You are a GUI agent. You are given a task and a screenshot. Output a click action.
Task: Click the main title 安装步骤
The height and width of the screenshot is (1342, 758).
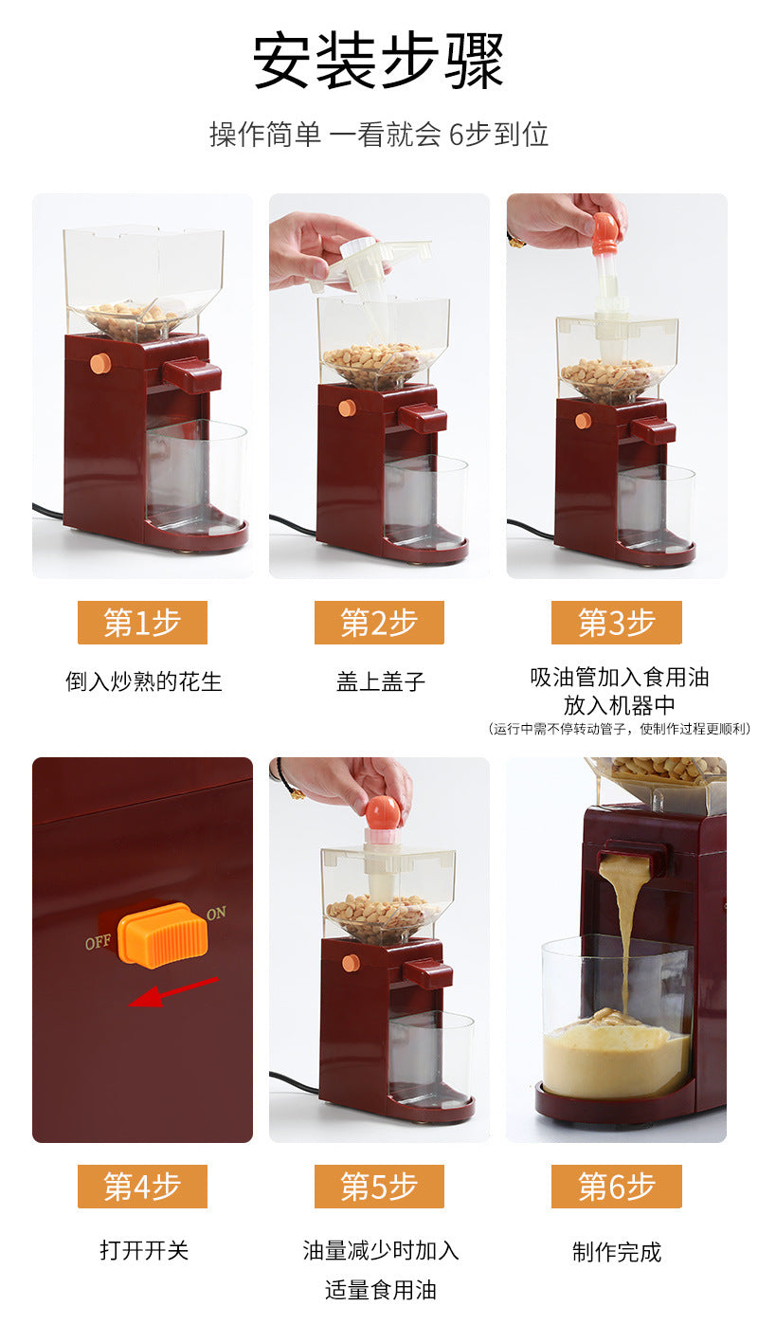(378, 61)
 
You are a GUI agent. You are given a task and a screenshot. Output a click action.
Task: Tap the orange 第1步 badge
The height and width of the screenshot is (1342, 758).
(142, 623)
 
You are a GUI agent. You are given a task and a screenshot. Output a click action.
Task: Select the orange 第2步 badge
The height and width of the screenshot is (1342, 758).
(379, 623)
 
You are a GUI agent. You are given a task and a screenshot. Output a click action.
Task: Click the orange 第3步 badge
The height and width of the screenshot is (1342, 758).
(616, 623)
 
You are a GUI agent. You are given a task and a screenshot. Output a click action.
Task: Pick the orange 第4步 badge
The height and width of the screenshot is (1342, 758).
(142, 1187)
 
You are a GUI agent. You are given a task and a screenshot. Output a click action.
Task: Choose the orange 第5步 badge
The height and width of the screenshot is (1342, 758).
(379, 1187)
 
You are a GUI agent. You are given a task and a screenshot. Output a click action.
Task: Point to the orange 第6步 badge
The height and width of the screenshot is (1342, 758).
(616, 1187)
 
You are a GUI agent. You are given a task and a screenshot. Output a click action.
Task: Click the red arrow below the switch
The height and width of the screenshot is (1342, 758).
(173, 992)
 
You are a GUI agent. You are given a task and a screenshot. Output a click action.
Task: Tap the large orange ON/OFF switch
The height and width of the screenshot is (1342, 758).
(163, 934)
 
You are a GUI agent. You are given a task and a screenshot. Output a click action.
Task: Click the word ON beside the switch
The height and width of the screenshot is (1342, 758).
(216, 914)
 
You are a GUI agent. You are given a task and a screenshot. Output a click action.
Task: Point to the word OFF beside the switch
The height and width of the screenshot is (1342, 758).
(98, 943)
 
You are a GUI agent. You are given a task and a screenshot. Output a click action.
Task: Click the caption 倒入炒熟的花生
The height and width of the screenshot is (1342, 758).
(144, 681)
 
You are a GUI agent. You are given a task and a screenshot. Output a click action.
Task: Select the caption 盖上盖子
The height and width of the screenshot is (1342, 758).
(380, 681)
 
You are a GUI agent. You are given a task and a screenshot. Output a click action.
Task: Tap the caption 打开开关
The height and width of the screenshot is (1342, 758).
(144, 1250)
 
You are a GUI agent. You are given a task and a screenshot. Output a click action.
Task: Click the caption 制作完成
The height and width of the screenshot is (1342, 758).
(617, 1252)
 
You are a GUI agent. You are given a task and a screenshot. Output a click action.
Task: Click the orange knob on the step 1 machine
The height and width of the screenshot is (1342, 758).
(100, 363)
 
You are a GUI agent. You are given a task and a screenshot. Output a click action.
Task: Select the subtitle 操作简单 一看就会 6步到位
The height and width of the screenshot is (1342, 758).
(378, 135)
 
